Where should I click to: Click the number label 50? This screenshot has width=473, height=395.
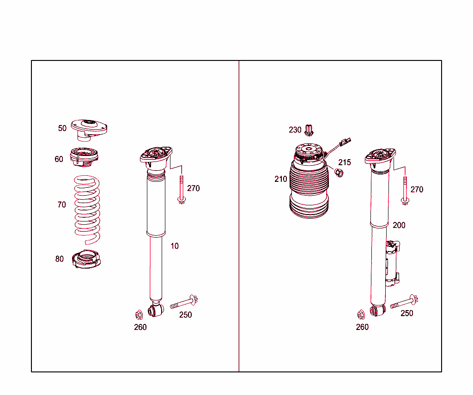tap(62, 128)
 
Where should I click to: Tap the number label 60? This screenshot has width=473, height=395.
tap(59, 159)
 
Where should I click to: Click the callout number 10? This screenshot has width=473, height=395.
tap(174, 246)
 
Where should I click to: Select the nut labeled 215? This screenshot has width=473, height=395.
tap(339, 173)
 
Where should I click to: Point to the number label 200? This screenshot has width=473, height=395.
tap(399, 225)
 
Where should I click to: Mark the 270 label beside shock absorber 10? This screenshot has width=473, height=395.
tap(194, 188)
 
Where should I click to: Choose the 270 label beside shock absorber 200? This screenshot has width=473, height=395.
tap(417, 189)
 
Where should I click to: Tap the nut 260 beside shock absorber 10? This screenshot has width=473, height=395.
tap(138, 315)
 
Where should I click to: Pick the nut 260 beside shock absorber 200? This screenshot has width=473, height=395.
tap(361, 314)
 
